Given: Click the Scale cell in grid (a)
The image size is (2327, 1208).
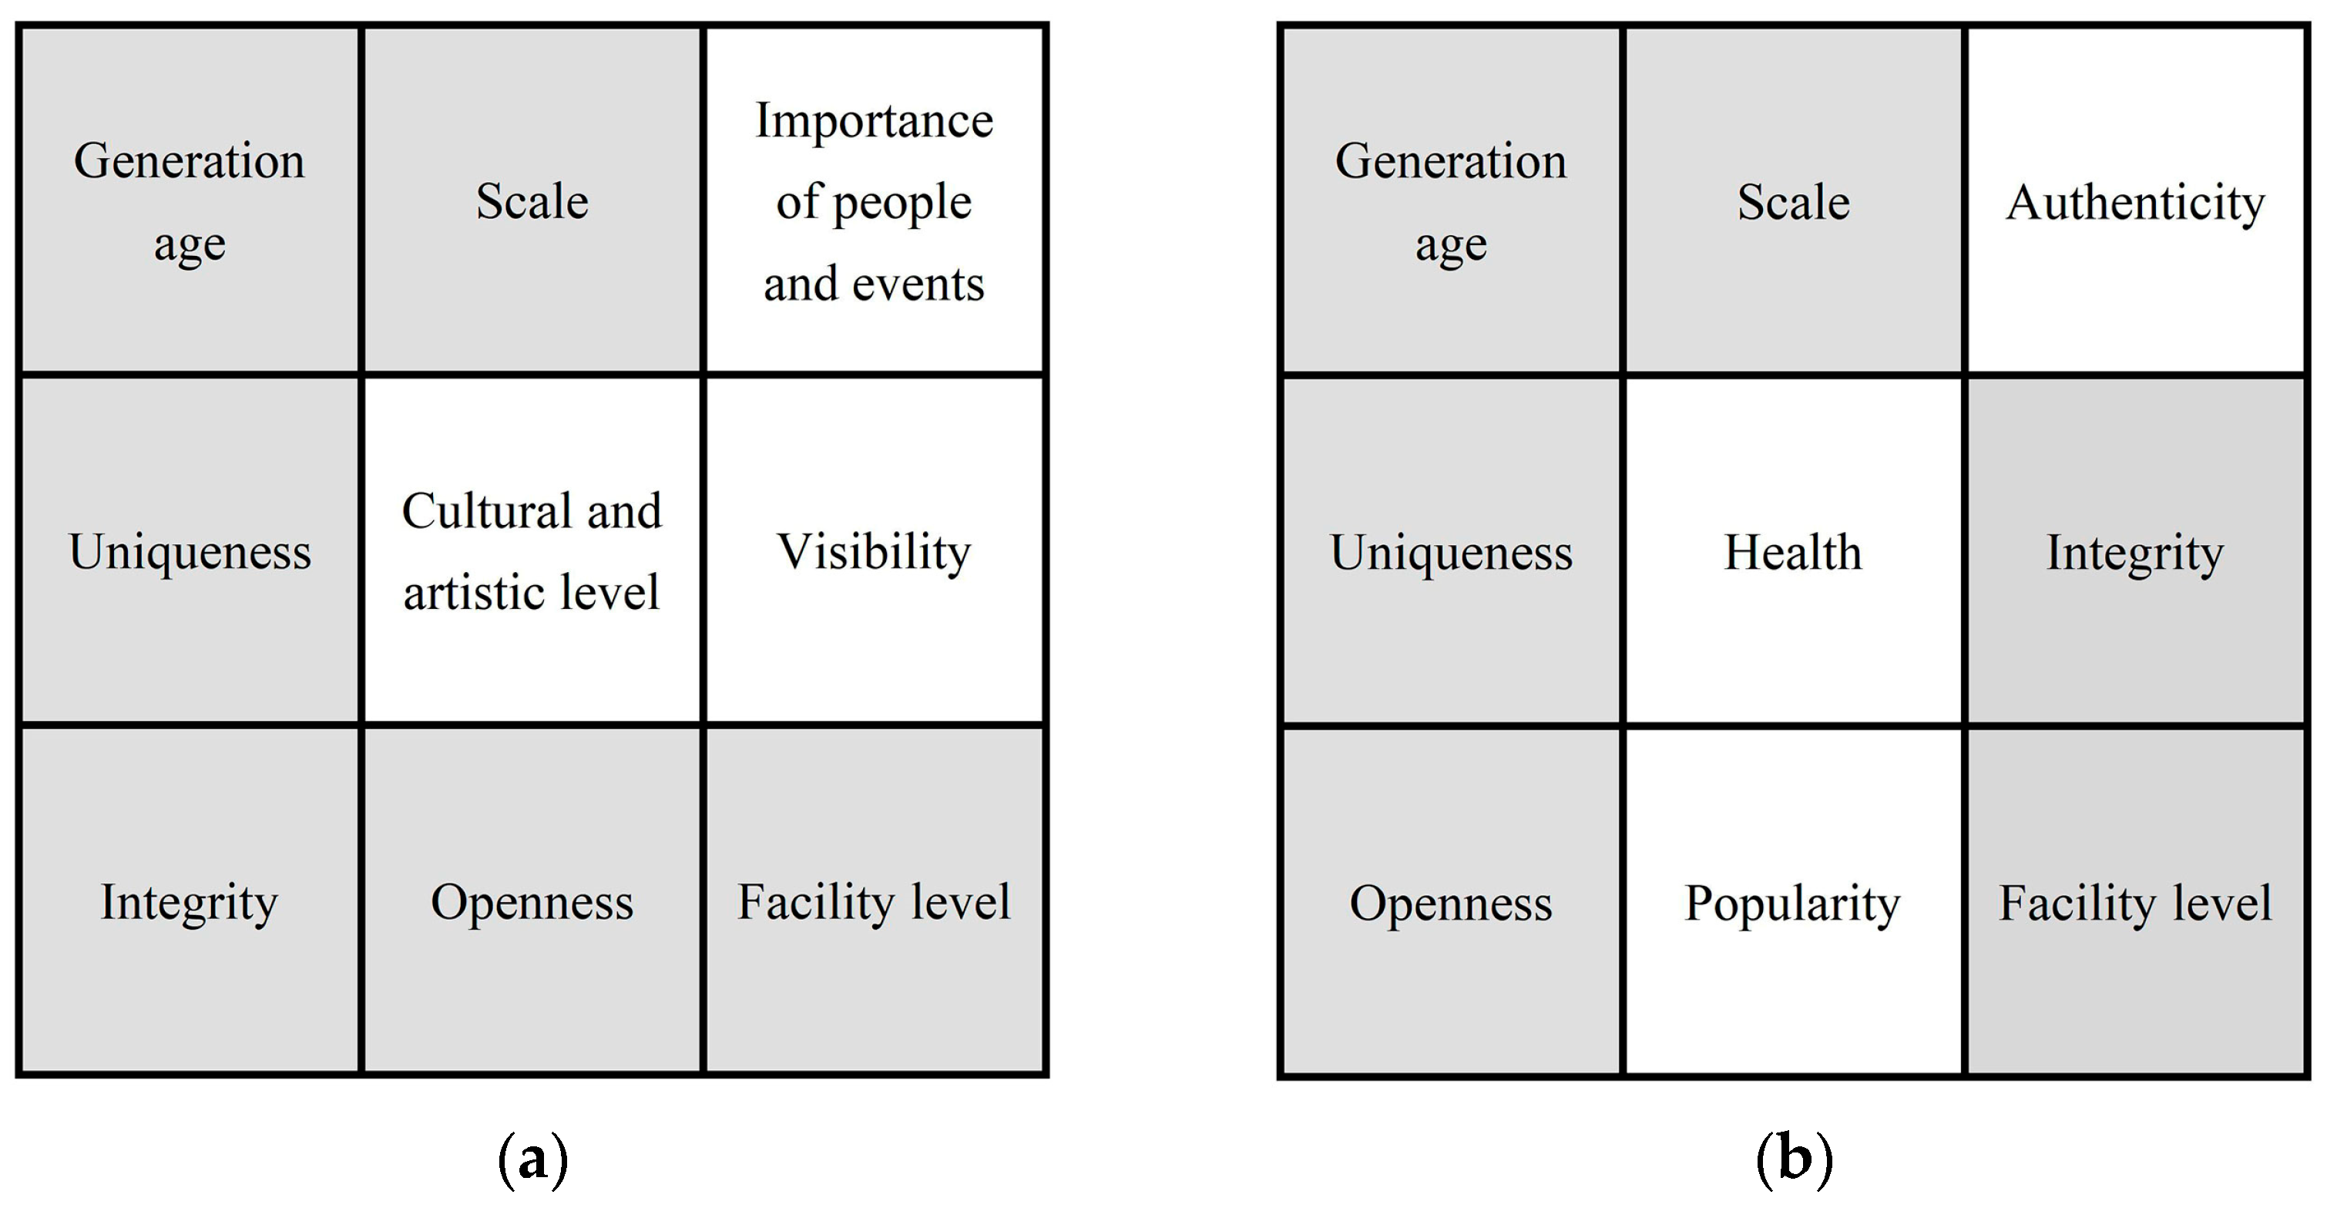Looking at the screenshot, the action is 532,200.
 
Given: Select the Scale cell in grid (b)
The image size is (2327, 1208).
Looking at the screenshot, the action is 1793,200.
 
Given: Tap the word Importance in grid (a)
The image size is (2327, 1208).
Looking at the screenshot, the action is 874,120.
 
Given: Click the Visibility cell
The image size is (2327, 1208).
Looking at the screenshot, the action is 874,551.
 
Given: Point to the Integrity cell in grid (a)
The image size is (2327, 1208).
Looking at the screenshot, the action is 189,902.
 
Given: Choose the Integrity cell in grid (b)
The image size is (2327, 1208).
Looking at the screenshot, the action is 2134,551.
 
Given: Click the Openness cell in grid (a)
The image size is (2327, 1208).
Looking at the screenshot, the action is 532,902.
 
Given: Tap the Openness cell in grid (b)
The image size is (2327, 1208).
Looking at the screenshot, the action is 1451,902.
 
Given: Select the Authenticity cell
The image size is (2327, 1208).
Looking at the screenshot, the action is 2134,200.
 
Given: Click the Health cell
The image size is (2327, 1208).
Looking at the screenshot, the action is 1793,551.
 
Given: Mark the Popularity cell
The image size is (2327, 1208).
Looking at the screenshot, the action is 1793,902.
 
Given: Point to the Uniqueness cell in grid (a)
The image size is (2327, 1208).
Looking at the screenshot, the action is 189,551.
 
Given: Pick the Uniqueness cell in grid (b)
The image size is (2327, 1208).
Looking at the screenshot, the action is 1451,551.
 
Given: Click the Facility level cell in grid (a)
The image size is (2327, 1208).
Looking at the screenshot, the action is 874,902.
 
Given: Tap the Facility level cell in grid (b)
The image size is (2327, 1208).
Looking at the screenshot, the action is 2134,902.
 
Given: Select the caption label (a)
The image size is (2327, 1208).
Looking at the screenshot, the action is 533,1159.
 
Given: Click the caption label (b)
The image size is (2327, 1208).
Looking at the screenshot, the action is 1794,1159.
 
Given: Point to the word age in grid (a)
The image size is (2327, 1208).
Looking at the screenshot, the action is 189,244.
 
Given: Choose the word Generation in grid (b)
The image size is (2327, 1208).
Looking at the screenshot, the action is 1451,161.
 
